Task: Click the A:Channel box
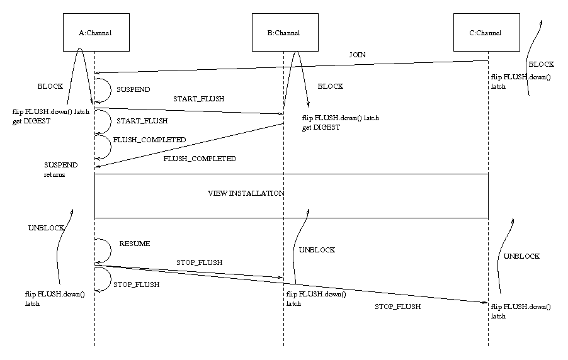pos(94,33)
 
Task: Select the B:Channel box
pos(283,33)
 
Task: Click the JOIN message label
pos(357,55)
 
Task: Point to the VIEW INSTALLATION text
pos(246,193)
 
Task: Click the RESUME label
pos(134,244)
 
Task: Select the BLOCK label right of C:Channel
pos(541,64)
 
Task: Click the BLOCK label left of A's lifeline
pos(50,86)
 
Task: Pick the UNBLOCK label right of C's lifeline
pos(521,257)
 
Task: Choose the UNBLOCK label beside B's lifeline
pos(317,250)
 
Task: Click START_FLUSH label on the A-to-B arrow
pos(198,99)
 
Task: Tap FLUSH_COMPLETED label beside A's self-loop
pos(149,139)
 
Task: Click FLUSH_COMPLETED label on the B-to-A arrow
pos(200,159)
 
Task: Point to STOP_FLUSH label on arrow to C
pos(397,307)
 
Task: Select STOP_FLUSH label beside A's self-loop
pos(136,284)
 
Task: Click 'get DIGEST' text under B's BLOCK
pos(321,127)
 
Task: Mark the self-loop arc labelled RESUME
pos(108,251)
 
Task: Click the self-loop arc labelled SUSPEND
pos(108,89)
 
